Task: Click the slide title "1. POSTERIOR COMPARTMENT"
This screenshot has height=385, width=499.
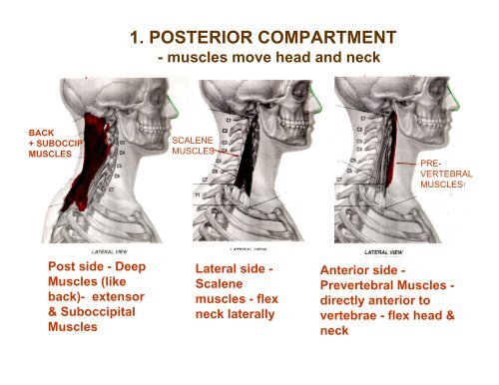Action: (x=264, y=39)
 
